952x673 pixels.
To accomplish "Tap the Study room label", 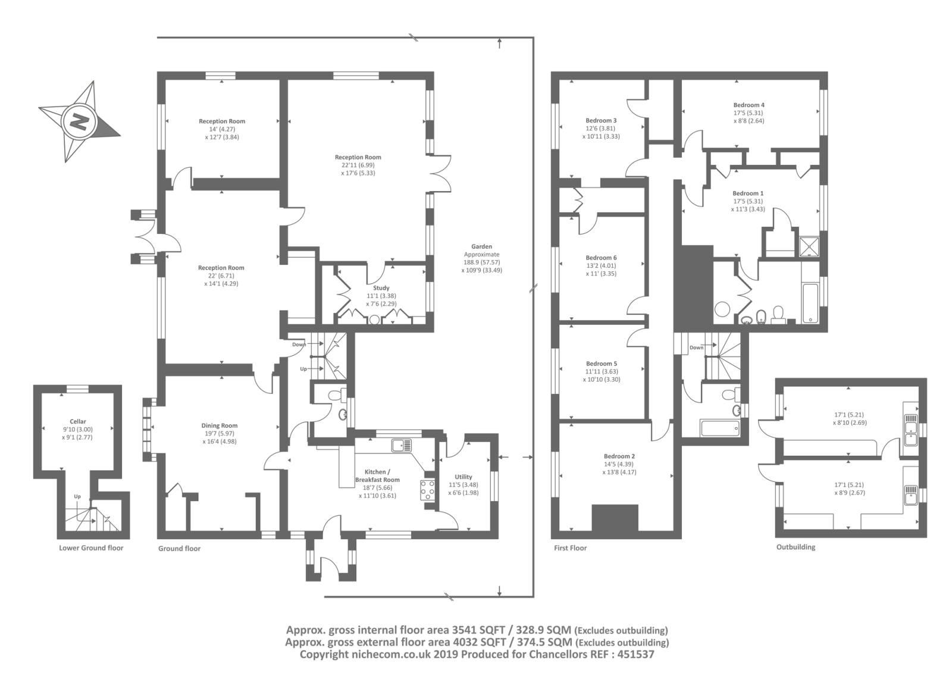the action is click(381, 288).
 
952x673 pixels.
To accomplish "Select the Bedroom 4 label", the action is click(749, 105).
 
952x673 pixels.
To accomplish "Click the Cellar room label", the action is click(78, 421).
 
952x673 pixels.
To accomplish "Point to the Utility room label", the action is click(464, 477).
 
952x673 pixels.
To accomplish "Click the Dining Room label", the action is click(220, 425).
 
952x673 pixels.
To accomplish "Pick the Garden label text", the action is click(481, 246).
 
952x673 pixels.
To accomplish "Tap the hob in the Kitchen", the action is click(428, 490).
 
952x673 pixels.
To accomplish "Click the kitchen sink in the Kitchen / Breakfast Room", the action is click(402, 445).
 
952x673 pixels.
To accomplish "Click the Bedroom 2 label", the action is click(619, 456).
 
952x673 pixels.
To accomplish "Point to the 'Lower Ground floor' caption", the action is click(91, 548).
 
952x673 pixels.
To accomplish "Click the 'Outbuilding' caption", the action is click(796, 547).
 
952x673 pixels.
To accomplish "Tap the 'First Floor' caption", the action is click(571, 548).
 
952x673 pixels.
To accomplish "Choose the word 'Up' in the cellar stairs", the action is click(77, 496).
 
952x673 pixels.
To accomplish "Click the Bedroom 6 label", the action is click(601, 258).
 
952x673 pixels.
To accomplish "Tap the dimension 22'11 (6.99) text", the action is click(358, 165).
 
